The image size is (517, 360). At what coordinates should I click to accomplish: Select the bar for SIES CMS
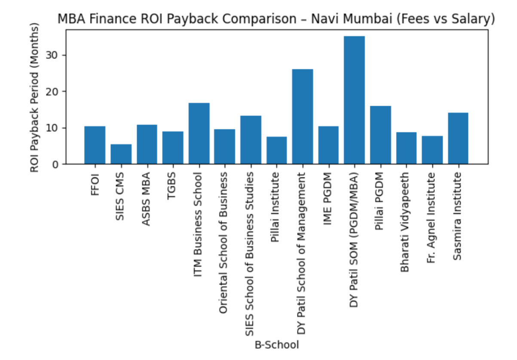coord(121,154)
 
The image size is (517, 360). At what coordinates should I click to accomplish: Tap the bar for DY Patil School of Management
coord(303,116)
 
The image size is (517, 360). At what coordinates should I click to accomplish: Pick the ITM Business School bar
coord(199,134)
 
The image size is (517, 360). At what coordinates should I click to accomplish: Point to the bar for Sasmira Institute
coord(458,138)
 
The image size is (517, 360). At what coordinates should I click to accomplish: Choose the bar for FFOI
coord(95,145)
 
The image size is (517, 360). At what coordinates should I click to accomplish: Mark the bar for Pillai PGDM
coord(380,135)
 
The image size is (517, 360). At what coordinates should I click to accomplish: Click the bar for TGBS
coord(173,148)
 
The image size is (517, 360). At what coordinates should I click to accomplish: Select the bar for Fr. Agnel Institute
coord(432,150)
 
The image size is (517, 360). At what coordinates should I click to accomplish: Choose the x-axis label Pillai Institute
coord(276,207)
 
